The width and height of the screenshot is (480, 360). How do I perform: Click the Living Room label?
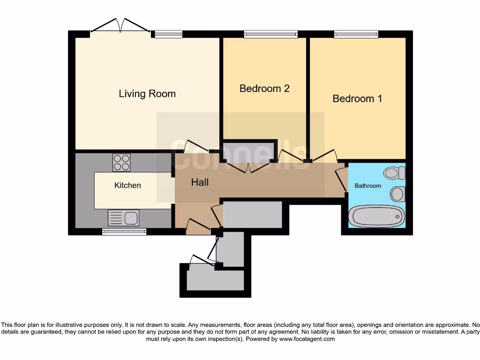[147, 94]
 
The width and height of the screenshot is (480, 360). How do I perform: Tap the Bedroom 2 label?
[264, 89]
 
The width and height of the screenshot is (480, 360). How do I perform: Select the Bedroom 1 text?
[357, 98]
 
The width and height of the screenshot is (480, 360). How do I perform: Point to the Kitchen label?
[127, 186]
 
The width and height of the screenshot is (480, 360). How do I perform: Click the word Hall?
[200, 182]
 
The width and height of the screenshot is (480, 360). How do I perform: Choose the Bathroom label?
[367, 186]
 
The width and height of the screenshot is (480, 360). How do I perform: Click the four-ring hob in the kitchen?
[121, 163]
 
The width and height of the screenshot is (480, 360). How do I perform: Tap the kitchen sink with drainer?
[124, 217]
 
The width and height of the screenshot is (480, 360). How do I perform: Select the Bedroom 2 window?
[270, 34]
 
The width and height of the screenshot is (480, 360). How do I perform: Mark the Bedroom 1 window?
[356, 34]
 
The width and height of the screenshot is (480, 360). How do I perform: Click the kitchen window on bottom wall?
[124, 231]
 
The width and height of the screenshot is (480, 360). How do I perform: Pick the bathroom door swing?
[341, 179]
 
